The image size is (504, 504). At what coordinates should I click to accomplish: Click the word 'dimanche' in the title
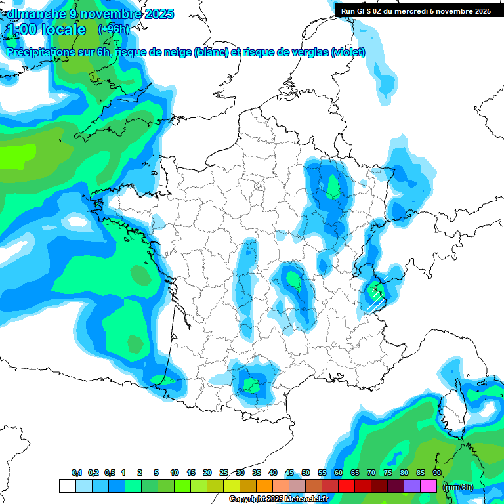click(33, 14)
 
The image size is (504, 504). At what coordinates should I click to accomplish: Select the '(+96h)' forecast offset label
click(113, 30)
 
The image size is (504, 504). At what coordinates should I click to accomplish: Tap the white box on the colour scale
click(67, 486)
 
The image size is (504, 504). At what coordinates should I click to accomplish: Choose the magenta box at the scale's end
click(429, 486)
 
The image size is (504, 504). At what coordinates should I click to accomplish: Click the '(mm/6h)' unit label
click(459, 487)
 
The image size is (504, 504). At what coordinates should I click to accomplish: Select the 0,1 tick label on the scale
click(76, 472)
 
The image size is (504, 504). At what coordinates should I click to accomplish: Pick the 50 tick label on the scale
click(306, 472)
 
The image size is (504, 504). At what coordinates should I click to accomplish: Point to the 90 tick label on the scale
click(437, 472)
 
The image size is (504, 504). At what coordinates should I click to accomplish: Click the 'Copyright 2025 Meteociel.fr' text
click(278, 499)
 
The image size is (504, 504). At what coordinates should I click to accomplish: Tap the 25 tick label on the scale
click(224, 472)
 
